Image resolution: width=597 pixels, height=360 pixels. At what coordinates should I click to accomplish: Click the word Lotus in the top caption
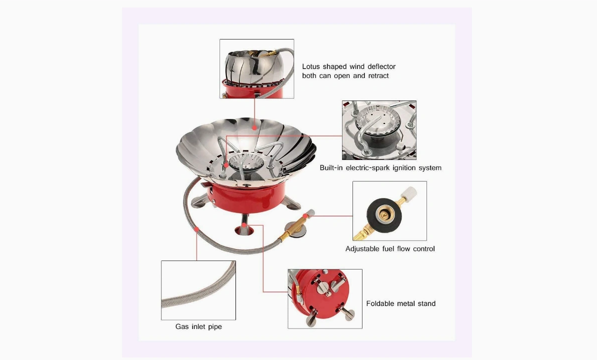(311, 66)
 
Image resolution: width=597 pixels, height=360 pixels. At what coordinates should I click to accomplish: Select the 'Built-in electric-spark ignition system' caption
(380, 168)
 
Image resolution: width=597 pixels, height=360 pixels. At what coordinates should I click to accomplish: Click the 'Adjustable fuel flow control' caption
(390, 248)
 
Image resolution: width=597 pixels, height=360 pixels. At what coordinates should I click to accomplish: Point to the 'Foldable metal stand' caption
(400, 303)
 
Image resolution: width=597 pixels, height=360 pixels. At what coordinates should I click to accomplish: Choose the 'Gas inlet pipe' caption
(198, 326)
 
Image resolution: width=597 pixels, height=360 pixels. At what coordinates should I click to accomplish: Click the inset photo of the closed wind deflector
(256, 68)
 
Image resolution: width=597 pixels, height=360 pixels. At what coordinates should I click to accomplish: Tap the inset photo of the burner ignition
(379, 130)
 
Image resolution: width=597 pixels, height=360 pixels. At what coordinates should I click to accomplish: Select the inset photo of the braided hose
(198, 290)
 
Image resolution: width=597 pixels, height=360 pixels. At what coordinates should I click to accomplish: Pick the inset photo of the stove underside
(324, 298)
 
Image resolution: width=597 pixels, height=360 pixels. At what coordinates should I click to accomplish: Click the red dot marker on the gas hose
(196, 229)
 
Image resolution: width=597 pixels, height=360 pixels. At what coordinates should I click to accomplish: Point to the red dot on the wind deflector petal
(254, 128)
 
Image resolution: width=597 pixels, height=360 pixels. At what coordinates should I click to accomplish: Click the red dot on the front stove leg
(243, 226)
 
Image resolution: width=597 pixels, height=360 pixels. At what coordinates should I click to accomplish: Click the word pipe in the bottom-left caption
(213, 326)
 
